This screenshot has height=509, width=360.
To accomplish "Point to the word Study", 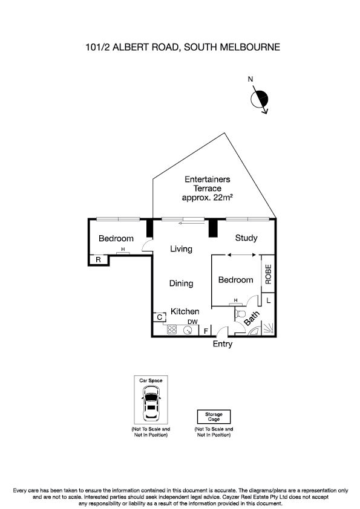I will pos(246,238).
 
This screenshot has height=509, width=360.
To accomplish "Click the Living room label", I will pos(181,248).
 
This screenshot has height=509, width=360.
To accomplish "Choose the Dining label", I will pos(181,283).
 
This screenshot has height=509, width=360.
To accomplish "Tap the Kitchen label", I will pos(185,311).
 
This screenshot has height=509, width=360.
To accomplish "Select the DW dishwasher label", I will pos(192,322).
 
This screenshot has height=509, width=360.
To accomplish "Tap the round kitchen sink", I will pos(187,330).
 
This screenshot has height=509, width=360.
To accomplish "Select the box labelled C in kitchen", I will pos(159,317).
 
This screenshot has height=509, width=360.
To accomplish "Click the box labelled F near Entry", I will pos(206,331).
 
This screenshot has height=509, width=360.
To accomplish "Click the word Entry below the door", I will pos(222,345).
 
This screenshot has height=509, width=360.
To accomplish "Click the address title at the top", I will pos(180,47).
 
